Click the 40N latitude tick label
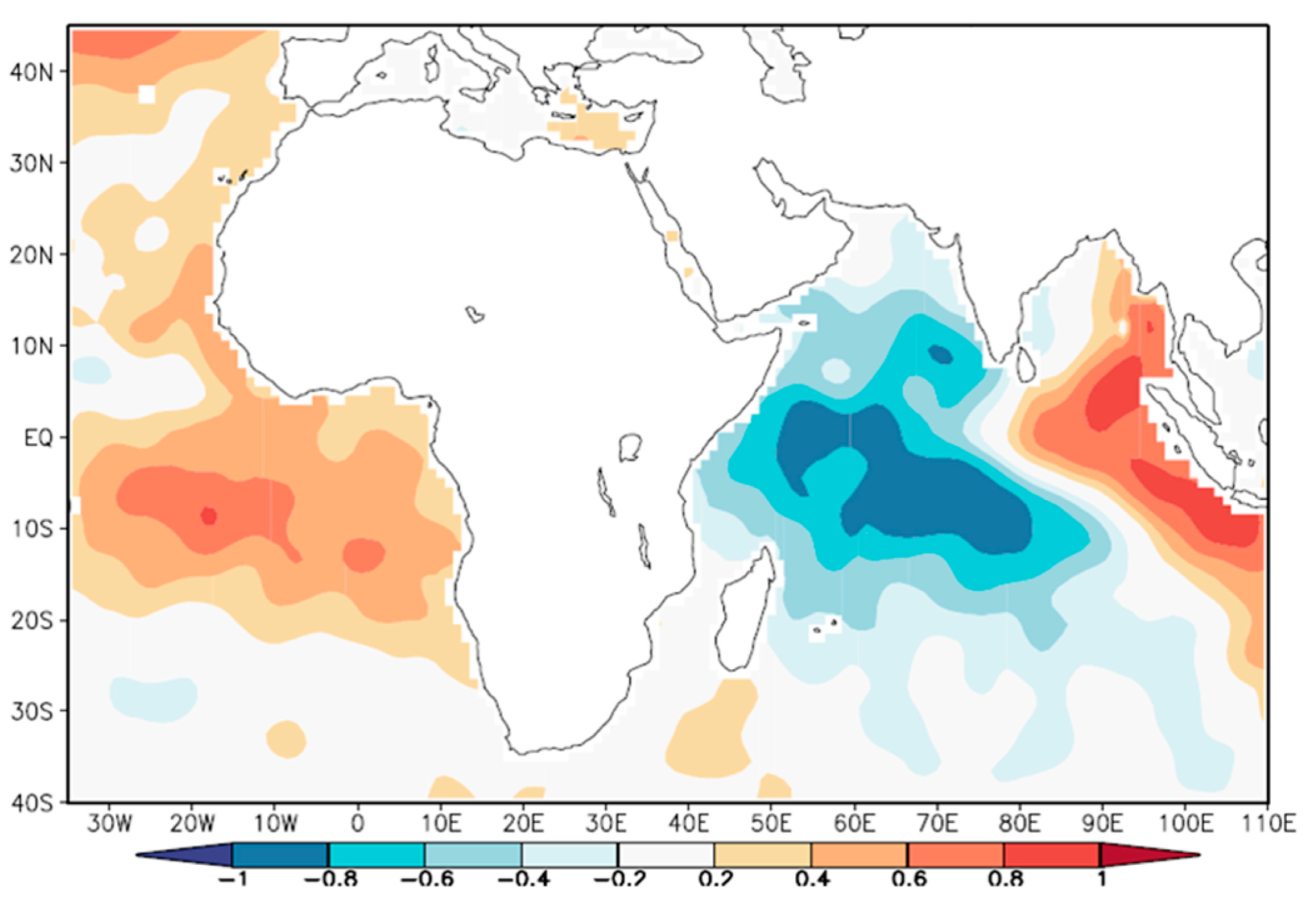point(31,72)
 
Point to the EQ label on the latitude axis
point(38,438)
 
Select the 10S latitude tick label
point(31,529)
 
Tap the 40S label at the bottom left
point(31,803)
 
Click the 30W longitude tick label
point(109,824)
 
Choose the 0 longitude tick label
point(357,824)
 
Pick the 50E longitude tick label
point(771,824)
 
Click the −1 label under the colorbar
point(234,879)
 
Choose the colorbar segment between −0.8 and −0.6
point(376,855)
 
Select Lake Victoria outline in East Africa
point(630,447)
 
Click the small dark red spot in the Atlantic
point(209,516)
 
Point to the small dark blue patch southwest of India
point(940,355)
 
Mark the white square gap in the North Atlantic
point(147,94)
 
